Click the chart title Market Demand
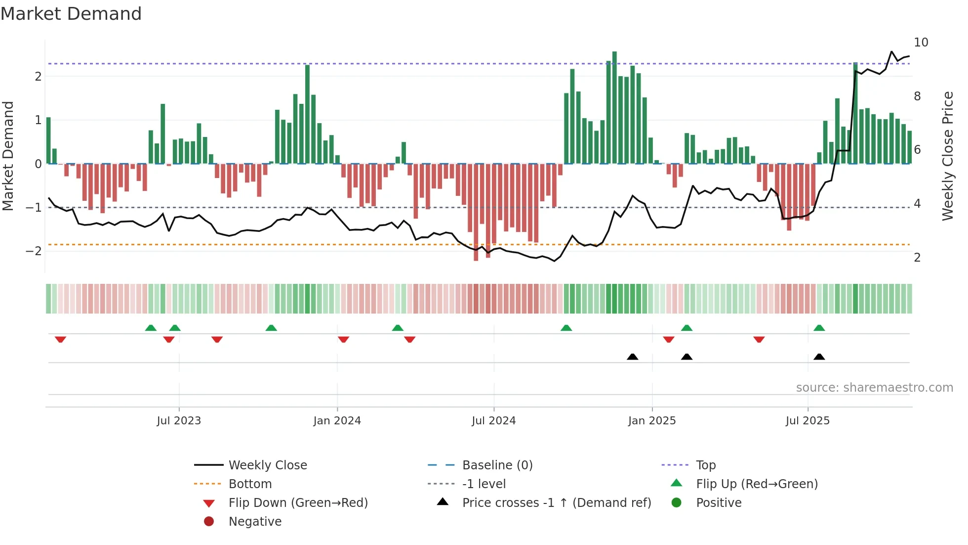click(71, 14)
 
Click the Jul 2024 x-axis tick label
click(493, 421)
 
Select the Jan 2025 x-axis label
click(652, 421)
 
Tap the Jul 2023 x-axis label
click(179, 421)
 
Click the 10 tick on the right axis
click(921, 43)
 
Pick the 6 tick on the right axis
click(917, 150)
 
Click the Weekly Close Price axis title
click(947, 156)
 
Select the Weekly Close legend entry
click(267, 465)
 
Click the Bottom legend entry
click(250, 484)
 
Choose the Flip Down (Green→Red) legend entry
click(298, 503)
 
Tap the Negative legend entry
click(255, 522)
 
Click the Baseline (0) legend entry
click(497, 465)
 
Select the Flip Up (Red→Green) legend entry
click(757, 484)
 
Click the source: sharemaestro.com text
click(874, 388)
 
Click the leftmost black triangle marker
click(632, 357)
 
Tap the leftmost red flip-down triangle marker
click(60, 339)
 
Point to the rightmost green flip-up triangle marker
click(819, 328)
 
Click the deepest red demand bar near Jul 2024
click(476, 213)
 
